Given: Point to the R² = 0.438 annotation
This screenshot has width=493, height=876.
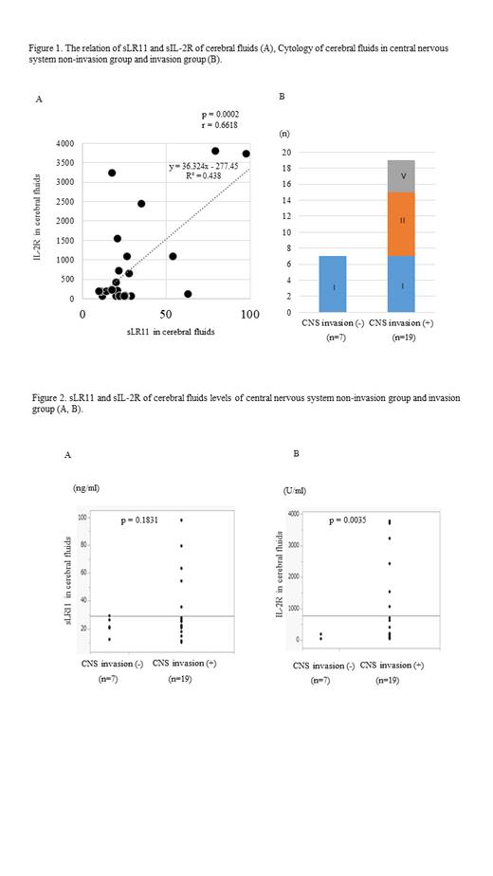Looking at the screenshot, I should (202, 176).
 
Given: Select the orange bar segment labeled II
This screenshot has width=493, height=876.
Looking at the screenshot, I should (401, 224).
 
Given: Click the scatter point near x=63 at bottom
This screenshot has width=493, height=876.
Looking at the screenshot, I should (188, 294).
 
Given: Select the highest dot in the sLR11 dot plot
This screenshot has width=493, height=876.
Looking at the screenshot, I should (180, 520).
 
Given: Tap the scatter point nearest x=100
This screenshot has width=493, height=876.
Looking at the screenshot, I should (246, 154).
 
